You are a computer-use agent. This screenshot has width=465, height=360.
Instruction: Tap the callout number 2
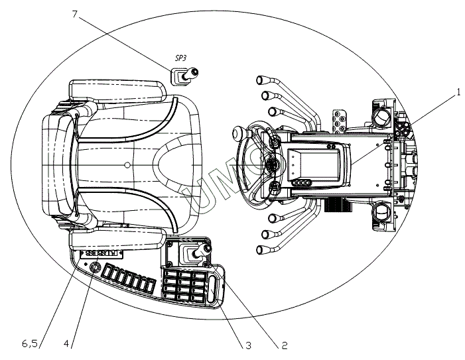[x=284, y=345]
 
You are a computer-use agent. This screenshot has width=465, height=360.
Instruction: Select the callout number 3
[x=247, y=345]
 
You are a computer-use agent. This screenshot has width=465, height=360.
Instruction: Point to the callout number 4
[x=67, y=343]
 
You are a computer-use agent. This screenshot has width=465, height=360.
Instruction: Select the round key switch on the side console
[x=94, y=268]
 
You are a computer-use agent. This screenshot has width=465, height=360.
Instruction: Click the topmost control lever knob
[x=259, y=80]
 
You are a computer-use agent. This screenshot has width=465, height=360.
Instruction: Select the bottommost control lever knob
[x=259, y=250]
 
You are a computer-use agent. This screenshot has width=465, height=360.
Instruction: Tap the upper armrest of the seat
[x=117, y=90]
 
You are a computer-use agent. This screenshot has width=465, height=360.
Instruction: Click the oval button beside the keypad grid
[x=212, y=290]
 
